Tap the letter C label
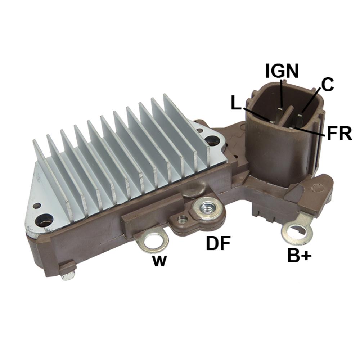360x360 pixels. pos(327,85)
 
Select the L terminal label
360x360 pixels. pos(236,104)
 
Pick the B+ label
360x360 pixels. pos(299,256)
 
